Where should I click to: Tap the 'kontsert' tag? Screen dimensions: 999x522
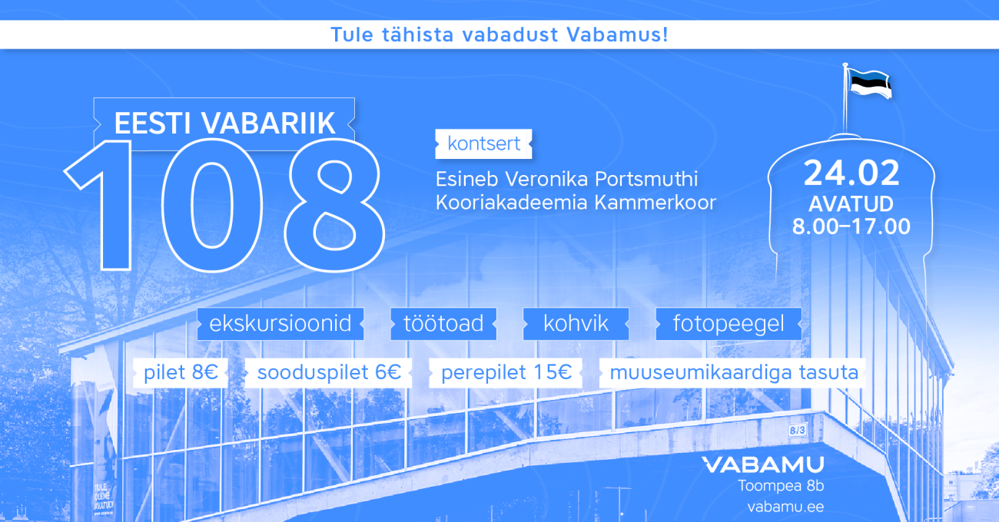click(483, 144)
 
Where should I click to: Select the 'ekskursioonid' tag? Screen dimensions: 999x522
click(280, 324)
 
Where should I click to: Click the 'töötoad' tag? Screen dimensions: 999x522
click(443, 324)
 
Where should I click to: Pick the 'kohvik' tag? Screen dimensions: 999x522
click(576, 324)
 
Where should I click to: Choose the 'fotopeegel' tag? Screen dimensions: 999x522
click(729, 324)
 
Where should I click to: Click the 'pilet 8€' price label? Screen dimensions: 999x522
click(181, 372)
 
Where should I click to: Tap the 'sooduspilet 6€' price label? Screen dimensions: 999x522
click(329, 372)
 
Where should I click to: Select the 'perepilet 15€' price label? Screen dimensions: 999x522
click(506, 372)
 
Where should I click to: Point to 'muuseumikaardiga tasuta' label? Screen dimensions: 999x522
click(733, 372)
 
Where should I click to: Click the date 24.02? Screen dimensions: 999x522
click(851, 173)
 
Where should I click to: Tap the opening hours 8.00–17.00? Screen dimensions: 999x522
click(851, 226)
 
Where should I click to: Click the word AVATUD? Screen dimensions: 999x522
click(851, 204)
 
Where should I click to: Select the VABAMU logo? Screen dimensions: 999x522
click(763, 465)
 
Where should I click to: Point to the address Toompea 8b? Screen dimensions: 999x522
click(781, 486)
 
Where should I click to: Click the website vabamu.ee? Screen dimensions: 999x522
click(785, 507)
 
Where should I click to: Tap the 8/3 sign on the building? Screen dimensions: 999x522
click(797, 430)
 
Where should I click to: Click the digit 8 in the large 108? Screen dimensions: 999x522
click(334, 205)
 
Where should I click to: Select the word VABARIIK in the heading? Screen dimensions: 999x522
click(268, 124)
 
